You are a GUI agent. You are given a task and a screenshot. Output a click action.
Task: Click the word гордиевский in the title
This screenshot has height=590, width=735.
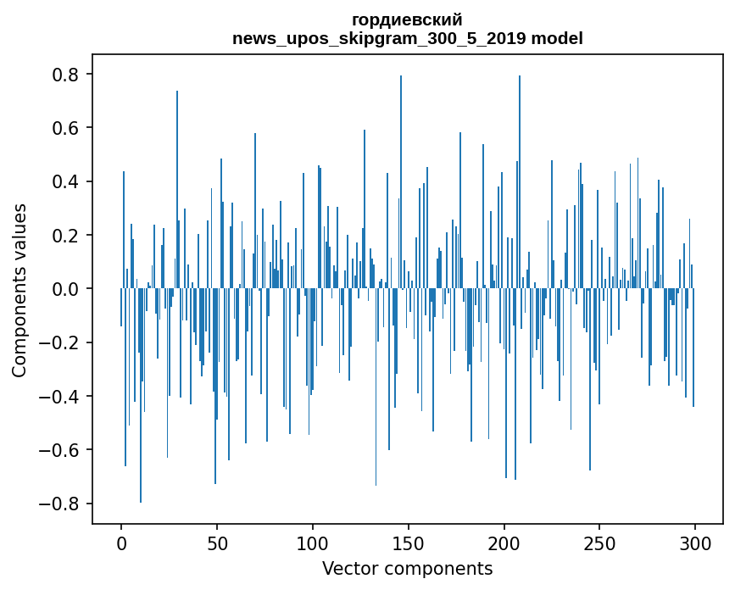407,20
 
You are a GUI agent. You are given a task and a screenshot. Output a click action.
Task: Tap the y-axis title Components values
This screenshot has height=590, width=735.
19,289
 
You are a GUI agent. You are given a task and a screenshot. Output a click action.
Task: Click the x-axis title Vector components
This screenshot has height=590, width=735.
407,568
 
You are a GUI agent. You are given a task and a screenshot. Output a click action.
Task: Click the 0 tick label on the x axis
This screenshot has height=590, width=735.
121,543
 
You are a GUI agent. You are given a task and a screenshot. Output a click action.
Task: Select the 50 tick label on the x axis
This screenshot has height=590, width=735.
217,543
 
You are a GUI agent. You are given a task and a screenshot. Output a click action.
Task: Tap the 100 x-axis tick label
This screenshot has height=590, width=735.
313,543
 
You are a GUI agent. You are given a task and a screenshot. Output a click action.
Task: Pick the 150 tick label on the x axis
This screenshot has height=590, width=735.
409,543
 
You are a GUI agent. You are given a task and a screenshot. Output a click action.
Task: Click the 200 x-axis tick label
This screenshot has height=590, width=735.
504,543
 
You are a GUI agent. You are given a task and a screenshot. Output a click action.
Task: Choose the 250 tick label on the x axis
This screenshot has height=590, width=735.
599,543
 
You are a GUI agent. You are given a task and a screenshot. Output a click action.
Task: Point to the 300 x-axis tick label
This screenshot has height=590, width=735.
695,543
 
